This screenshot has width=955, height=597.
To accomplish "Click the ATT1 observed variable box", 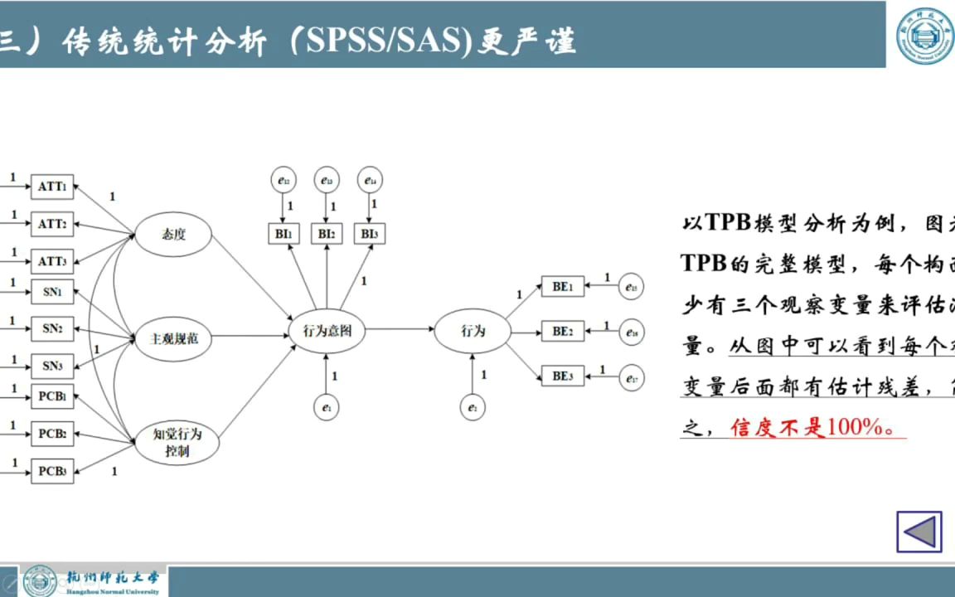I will tap(52, 187).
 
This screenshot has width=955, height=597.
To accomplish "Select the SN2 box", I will tap(52, 328).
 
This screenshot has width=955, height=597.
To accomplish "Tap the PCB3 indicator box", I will tap(52, 471).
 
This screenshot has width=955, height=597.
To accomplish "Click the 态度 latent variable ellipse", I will tap(174, 235).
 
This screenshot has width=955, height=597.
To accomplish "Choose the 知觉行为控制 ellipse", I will tap(177, 442).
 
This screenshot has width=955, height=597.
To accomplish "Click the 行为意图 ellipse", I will tap(327, 331).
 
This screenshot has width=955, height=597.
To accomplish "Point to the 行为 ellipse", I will tap(473, 331).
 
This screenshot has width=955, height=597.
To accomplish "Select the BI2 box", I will tap(327, 235).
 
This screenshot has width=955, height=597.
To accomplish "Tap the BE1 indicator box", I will tap(562, 287).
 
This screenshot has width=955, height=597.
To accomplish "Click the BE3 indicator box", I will tap(562, 376).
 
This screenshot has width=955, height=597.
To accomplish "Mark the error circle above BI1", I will tap(284, 180).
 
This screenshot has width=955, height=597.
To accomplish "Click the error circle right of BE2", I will tap(631, 332).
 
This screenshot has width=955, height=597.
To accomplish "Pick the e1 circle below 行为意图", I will tap(327, 407).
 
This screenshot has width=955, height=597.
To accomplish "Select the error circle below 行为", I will tap(473, 407).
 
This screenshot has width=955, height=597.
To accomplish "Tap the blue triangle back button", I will tap(919, 531).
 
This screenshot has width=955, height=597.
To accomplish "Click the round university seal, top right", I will tap(925, 36).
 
